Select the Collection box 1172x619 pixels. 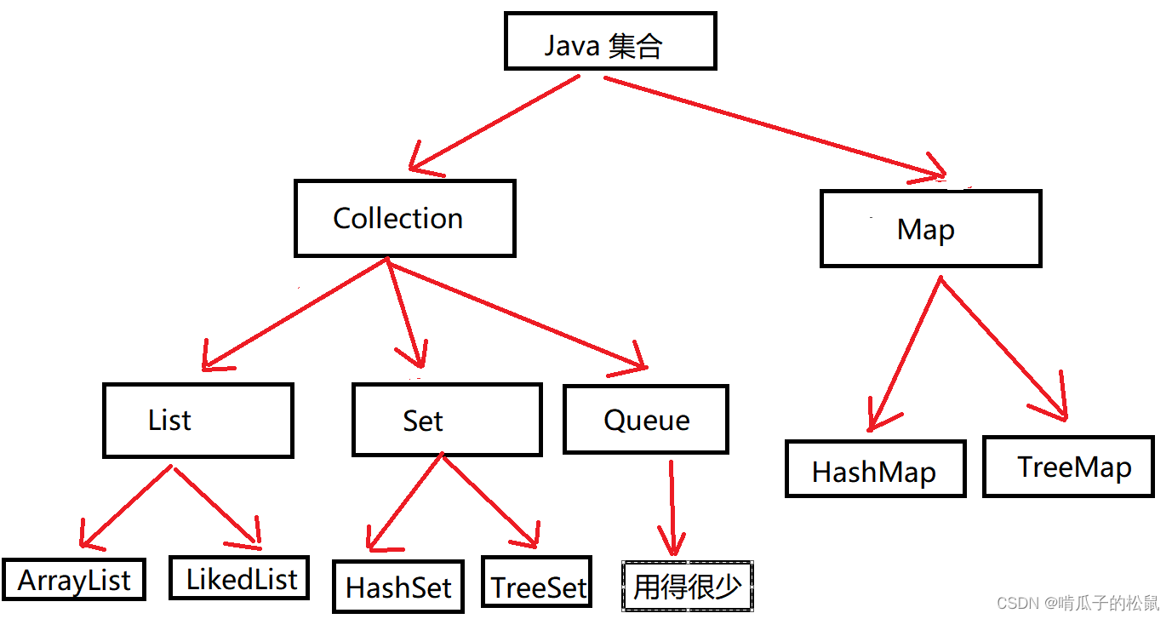pos(404,218)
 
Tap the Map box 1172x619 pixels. pos(930,229)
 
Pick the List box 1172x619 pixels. pos(197,420)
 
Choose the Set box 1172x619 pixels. pos(446,420)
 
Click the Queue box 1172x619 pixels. pos(645,419)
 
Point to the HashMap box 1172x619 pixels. pos(875,468)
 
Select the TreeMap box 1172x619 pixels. pos(1068,467)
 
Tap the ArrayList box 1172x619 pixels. pos(74,580)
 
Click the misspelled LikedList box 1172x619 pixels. pos(238,578)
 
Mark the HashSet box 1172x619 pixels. pos(398,587)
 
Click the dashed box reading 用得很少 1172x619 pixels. pos(687,587)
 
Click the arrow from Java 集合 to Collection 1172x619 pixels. pos(494,123)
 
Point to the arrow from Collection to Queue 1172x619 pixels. pos(519,315)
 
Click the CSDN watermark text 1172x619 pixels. pos(1078,604)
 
